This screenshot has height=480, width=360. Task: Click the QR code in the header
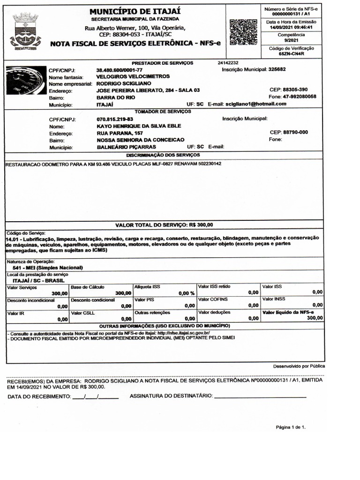tap(244, 32)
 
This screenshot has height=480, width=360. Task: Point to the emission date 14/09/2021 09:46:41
tap(291, 27)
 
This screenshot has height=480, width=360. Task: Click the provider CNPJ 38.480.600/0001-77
tap(120, 69)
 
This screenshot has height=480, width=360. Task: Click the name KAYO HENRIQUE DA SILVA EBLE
tap(139, 126)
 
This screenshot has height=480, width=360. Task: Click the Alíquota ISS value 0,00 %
tap(186, 293)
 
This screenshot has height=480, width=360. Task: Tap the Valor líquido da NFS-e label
tap(288, 312)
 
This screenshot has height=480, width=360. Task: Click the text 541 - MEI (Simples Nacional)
tap(48, 268)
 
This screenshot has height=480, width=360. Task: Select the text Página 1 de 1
tap(291, 427)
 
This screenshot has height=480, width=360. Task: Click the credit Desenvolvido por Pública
tap(299, 366)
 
